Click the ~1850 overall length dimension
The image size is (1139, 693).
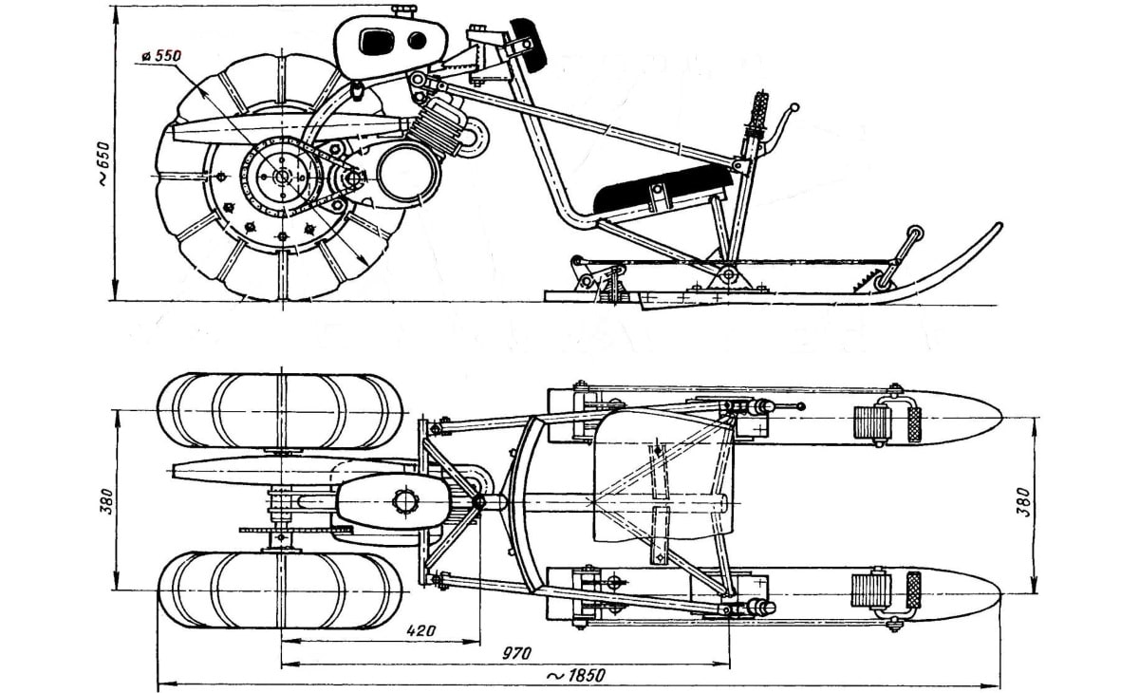tap(575, 676)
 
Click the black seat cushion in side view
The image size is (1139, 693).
tap(660, 185)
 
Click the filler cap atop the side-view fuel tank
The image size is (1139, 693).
tap(403, 11)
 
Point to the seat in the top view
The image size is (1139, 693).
tap(664, 479)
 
